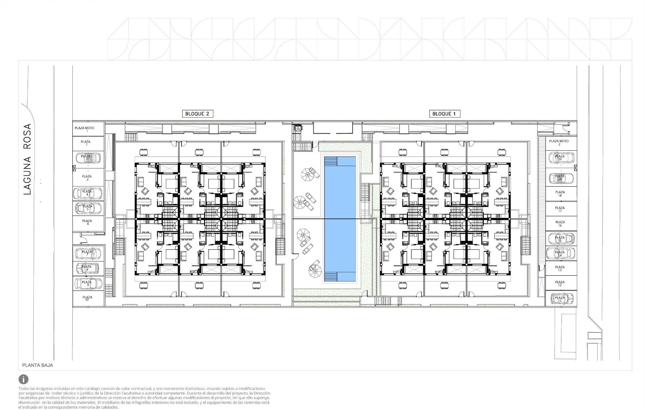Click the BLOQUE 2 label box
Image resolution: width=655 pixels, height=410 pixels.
(x=198, y=114)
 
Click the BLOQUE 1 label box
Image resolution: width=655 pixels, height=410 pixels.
(x=444, y=114)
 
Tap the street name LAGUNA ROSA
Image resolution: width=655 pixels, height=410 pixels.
(x=27, y=159)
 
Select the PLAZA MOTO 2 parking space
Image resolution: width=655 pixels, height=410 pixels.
(x=559, y=142)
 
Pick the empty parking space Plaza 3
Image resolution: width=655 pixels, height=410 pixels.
(x=88, y=178)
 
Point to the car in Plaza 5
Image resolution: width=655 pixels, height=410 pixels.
(x=88, y=208)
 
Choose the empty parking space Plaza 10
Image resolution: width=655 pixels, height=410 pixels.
(x=88, y=298)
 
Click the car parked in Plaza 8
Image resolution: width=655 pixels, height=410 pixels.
(x=87, y=268)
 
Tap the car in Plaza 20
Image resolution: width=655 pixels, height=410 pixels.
(x=561, y=158)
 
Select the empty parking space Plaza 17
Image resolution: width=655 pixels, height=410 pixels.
(x=560, y=209)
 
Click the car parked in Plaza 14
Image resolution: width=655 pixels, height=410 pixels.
(x=560, y=254)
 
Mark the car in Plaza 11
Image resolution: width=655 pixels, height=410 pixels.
(x=560, y=299)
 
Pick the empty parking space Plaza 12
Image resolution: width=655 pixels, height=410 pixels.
(x=560, y=284)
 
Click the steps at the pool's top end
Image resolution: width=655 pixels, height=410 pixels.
(x=331, y=161)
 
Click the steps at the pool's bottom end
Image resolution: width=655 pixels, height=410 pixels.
(x=331, y=277)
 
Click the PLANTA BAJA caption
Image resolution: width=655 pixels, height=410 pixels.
(x=38, y=365)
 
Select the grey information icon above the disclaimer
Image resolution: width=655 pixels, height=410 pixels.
(x=24, y=379)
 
